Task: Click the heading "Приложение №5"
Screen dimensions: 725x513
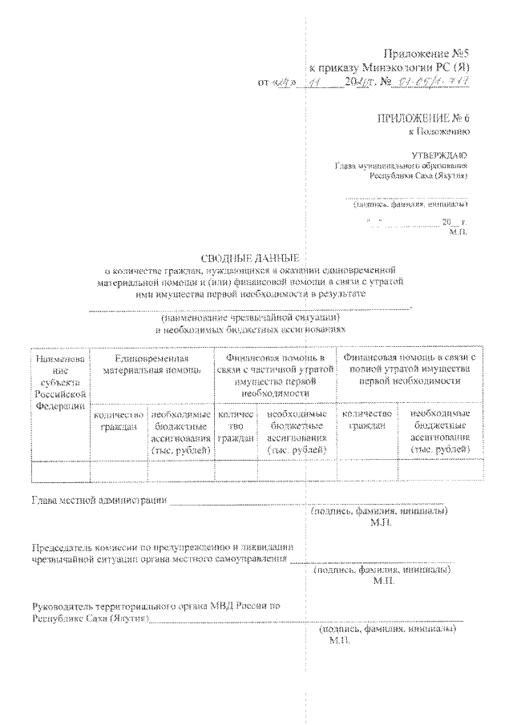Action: pos(427,54)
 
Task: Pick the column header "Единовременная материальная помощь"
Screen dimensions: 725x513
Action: pos(151,365)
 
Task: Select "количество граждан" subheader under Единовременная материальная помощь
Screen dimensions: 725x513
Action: pos(119,421)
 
